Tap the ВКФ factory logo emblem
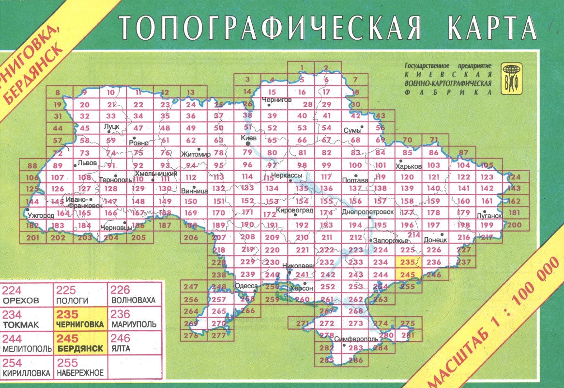(511, 79)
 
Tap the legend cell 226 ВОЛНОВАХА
(133, 295)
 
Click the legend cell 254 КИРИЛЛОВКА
(26, 368)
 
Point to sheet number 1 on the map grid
(302, 68)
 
